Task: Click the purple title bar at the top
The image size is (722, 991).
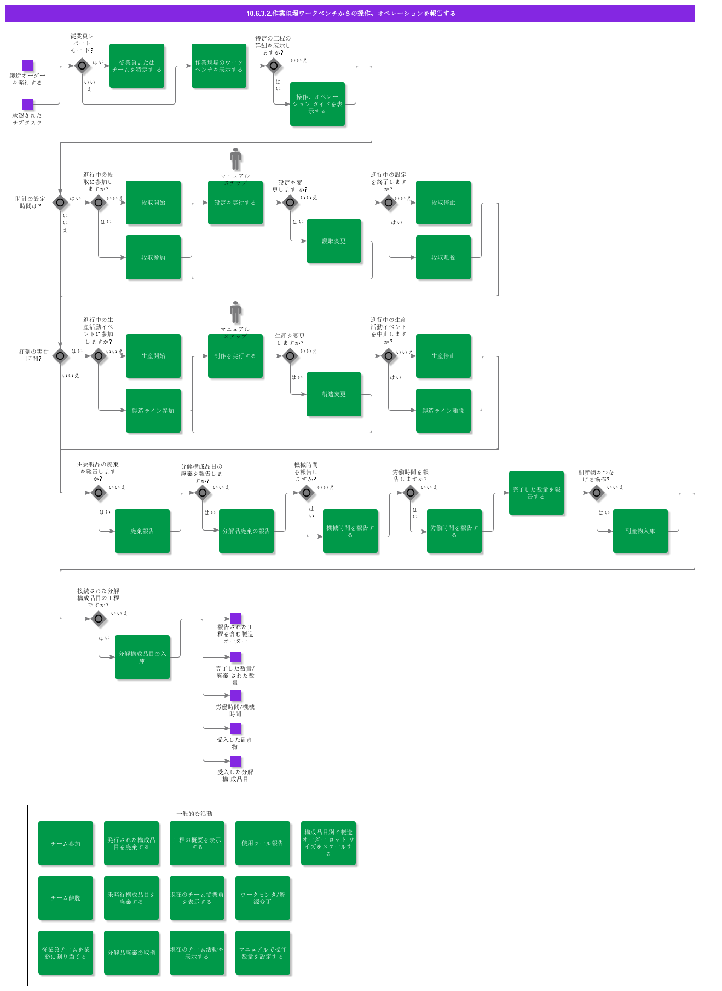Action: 350,14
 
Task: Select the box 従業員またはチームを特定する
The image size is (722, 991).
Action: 137,66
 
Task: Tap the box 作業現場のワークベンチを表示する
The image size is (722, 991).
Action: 219,66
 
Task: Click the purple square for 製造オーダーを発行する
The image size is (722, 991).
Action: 27,66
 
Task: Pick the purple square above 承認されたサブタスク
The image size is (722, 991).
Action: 27,104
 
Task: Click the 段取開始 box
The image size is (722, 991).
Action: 153,203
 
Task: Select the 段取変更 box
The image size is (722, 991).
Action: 334,241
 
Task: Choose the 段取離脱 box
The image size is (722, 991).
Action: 443,257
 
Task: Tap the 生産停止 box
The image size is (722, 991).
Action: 443,356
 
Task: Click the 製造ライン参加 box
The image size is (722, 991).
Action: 153,411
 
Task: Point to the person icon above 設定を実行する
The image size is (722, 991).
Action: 235,159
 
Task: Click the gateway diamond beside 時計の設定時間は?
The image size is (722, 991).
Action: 60,203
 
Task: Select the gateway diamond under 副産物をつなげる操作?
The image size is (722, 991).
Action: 597,493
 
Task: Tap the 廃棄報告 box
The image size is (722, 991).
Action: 142,531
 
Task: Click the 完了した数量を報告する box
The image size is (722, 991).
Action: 536,493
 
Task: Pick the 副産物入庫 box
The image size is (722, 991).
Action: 640,531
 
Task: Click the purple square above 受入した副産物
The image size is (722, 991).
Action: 235,728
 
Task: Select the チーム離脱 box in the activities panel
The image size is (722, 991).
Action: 66,898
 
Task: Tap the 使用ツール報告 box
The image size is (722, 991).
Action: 263,843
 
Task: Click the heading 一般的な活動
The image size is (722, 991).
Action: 194,814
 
